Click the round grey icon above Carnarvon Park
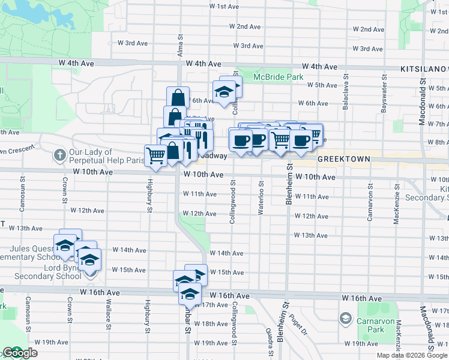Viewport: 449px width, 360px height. pyautogui.click(x=345, y=317)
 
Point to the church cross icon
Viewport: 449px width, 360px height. pyautogui.click(x=59, y=155)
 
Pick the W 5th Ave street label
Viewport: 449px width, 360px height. pyautogui.click(x=322, y=85)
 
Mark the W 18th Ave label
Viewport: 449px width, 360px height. pyautogui.click(x=211, y=324)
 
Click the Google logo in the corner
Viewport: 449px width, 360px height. pyautogui.click(x=19, y=353)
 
